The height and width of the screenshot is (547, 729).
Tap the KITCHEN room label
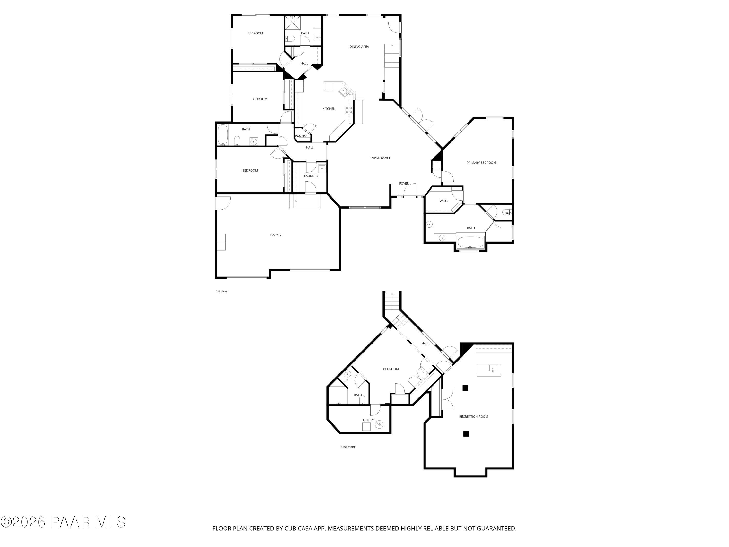329,109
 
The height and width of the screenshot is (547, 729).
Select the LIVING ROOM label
380,158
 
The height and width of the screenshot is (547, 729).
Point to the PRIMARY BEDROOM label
481,163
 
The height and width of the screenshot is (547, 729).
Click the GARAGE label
276,235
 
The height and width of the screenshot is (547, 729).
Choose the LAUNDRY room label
311,176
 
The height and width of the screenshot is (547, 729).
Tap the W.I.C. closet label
443,201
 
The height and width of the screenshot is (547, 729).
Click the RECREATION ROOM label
474,417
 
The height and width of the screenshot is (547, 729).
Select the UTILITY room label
368,420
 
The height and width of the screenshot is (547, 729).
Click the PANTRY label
301,136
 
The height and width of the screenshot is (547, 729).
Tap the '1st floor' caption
222,291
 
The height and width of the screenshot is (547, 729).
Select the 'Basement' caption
348,447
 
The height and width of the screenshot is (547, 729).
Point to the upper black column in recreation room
465,388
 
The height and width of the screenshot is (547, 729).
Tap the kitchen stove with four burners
349,110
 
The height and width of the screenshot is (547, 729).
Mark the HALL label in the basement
425,343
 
